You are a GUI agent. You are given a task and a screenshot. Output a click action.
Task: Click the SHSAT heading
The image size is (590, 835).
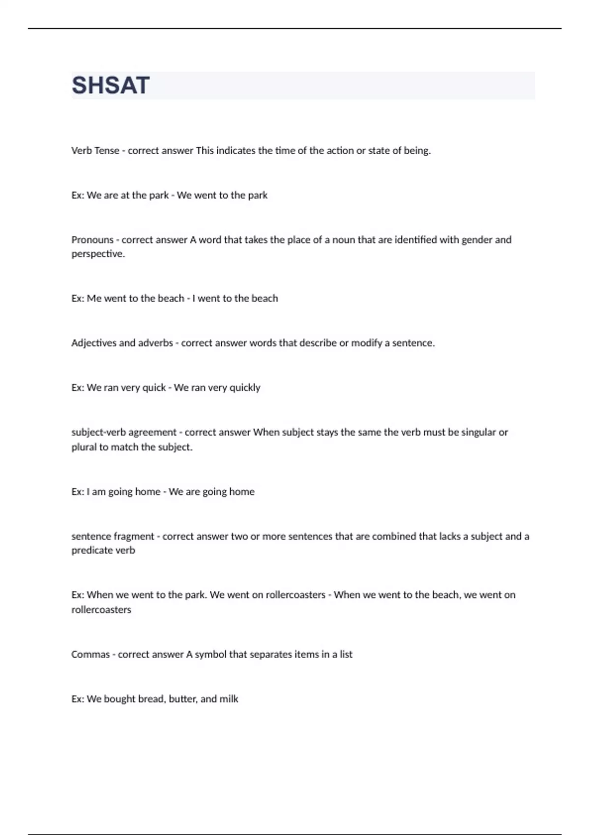tap(111, 85)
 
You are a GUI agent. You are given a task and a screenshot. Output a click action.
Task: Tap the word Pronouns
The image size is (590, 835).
tap(92, 240)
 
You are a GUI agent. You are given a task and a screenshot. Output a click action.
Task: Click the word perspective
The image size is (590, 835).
tap(98, 254)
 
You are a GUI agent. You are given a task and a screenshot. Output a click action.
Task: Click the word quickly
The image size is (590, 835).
tap(245, 388)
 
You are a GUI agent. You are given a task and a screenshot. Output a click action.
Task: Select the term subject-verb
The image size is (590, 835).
tap(99, 432)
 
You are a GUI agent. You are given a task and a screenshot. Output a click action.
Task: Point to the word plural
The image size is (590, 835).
tap(84, 447)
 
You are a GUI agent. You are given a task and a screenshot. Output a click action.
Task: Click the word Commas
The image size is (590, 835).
tap(90, 654)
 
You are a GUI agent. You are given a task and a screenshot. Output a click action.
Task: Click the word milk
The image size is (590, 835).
tap(229, 699)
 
